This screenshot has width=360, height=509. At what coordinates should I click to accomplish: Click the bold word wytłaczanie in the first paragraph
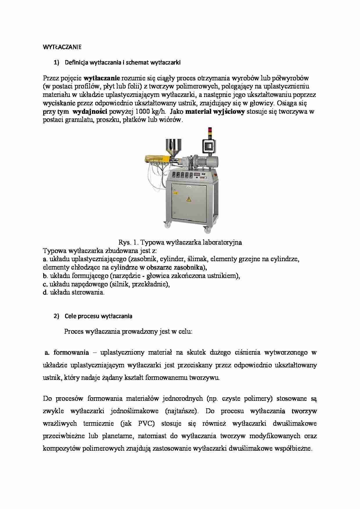102,78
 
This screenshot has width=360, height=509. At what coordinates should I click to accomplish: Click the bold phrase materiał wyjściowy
215,112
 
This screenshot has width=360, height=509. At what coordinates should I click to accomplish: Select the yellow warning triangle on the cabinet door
189,199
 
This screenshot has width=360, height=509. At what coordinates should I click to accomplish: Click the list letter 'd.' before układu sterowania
45,292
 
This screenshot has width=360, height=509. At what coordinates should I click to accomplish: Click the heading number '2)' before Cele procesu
56,316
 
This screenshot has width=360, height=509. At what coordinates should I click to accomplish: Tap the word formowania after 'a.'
71,353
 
